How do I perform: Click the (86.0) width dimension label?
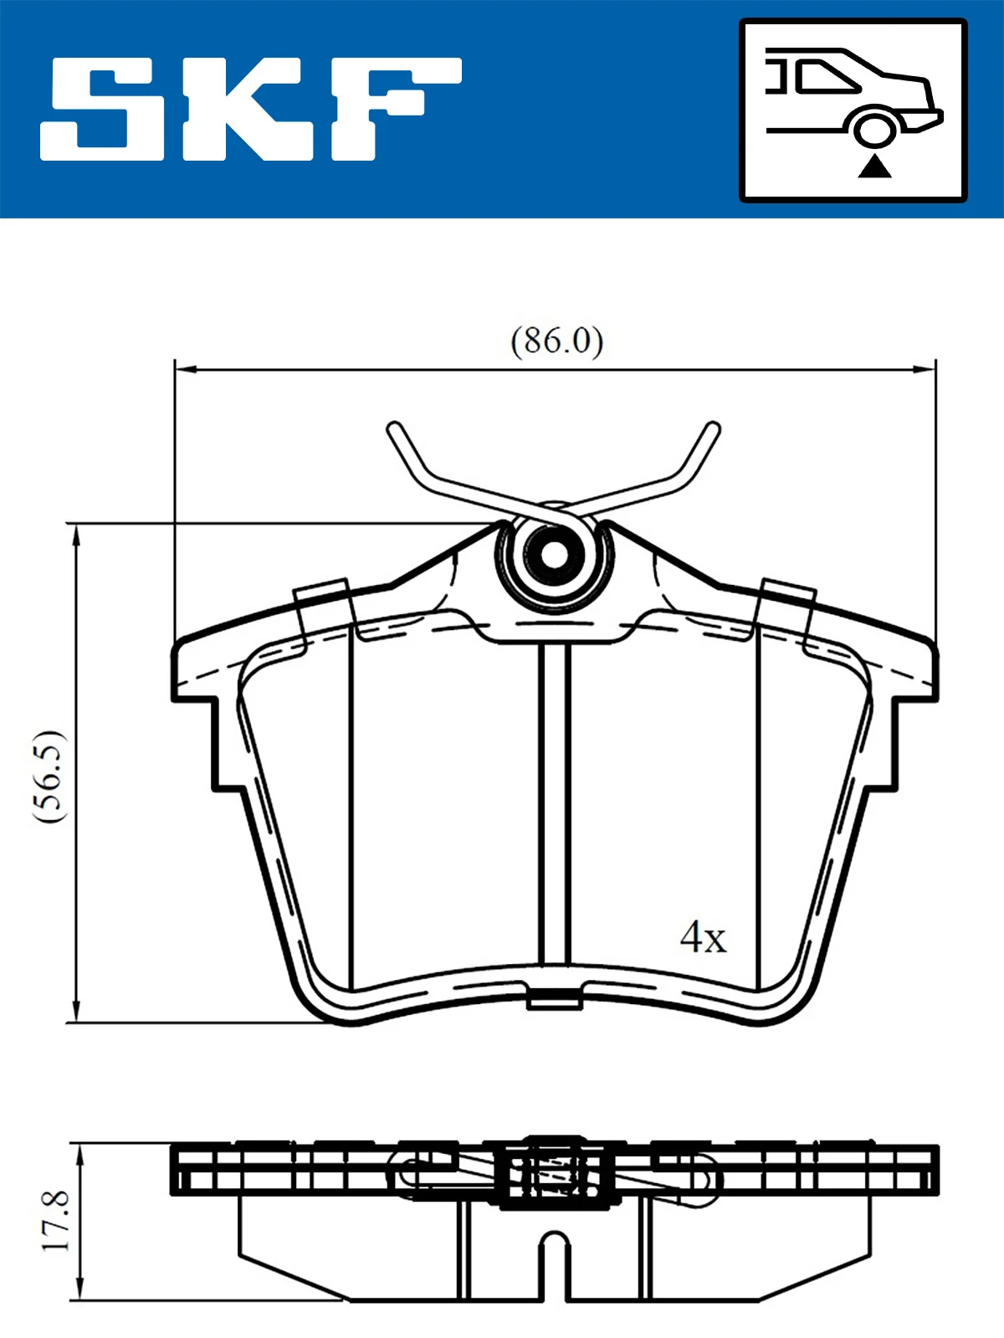(x=557, y=341)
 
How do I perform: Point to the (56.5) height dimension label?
(x=49, y=775)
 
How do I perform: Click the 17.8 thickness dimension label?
(x=57, y=1222)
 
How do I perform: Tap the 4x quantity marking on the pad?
(x=703, y=937)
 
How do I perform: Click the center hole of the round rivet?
(x=554, y=554)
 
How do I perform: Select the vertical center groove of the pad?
(x=553, y=803)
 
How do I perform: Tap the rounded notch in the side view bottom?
(x=553, y=1242)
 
